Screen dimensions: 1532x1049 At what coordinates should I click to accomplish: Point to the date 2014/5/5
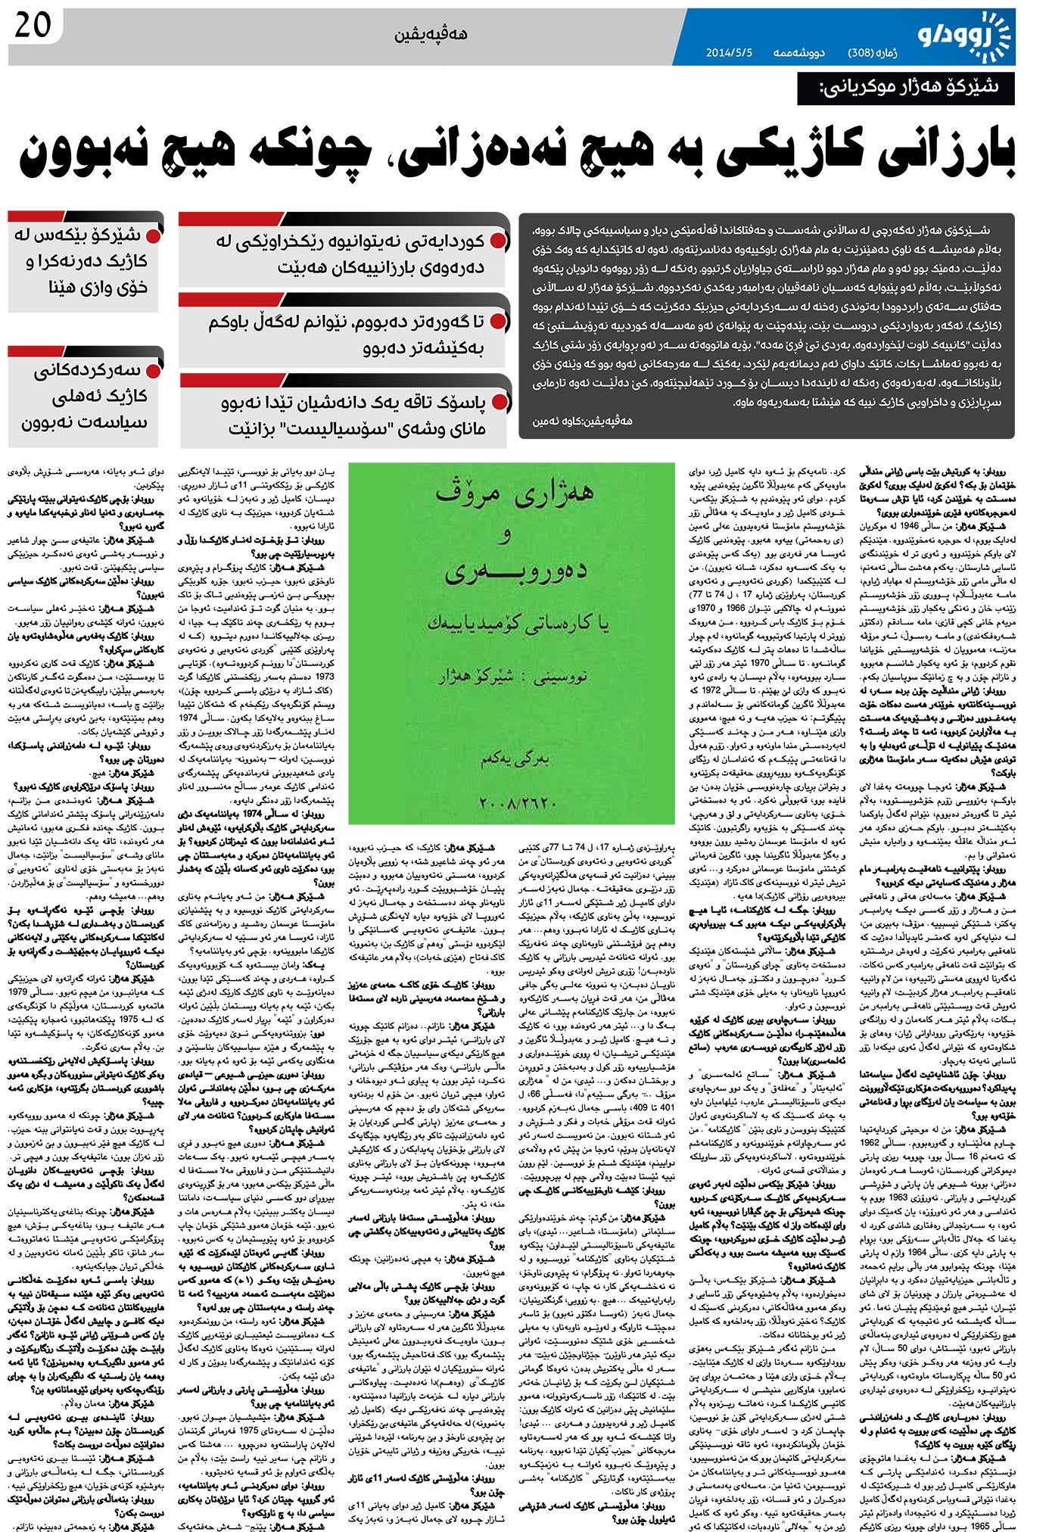[729, 54]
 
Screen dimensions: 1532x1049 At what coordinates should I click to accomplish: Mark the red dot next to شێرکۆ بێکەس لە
[153, 235]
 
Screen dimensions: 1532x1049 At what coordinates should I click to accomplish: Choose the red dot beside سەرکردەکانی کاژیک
[153, 370]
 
